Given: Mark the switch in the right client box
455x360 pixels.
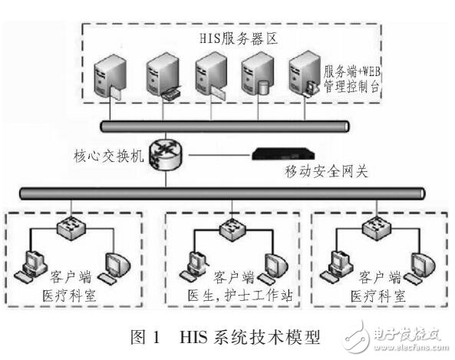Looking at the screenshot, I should click(378, 224).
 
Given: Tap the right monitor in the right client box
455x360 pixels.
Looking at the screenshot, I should click(421, 263).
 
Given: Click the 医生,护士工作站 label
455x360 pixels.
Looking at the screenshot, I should click(232, 295).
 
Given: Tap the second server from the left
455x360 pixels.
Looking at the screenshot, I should click(159, 78).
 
